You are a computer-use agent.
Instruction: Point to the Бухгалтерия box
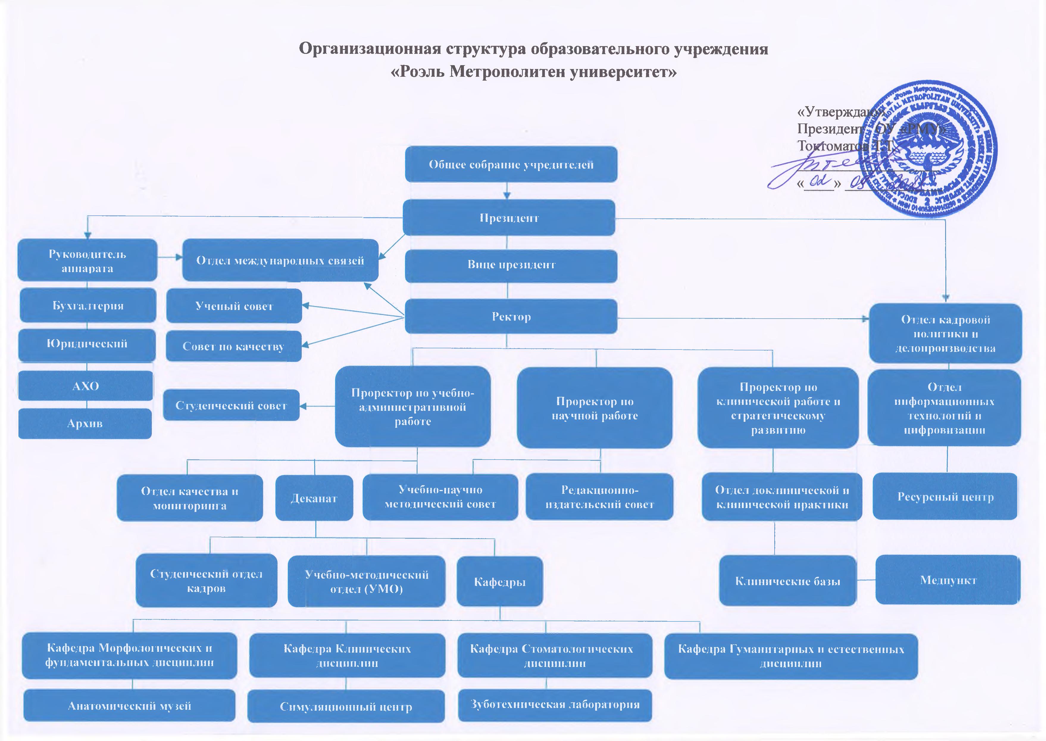[x=87, y=305]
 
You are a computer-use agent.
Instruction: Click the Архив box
[x=85, y=423]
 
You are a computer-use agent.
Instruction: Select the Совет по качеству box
[x=233, y=346]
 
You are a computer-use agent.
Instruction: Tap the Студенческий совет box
[x=231, y=405]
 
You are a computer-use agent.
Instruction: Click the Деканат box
[x=314, y=498]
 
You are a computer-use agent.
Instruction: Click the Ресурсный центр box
[x=945, y=496]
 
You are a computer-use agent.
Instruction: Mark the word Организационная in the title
[x=369, y=48]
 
